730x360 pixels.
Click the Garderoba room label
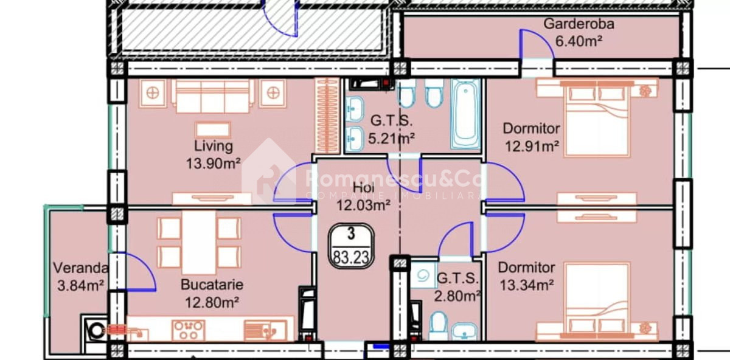click(579, 24)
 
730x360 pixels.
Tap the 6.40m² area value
click(579, 41)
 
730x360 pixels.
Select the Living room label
click(214, 146)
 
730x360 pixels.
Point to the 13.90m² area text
click(213, 163)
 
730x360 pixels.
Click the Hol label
click(363, 188)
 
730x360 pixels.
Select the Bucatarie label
click(212, 285)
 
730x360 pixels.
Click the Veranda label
click(80, 268)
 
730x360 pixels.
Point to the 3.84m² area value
click(80, 286)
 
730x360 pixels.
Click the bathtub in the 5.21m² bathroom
click(466, 115)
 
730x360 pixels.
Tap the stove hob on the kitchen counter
click(188, 330)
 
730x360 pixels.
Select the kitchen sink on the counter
click(265, 330)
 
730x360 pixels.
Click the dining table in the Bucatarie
click(199, 242)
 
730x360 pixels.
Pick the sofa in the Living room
click(212, 96)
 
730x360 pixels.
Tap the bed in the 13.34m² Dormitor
click(597, 300)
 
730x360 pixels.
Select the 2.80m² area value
click(457, 296)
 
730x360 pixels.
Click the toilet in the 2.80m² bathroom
click(438, 326)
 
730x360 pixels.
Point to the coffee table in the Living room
click(213, 130)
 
